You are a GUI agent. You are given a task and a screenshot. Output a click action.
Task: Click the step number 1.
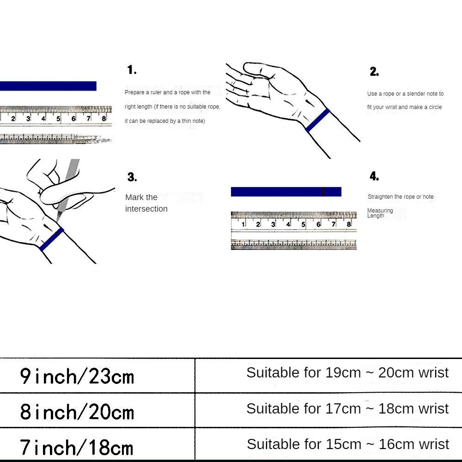[132, 70]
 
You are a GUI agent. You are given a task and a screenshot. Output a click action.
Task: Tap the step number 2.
[374, 72]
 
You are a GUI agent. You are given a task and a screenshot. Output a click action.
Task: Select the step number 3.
[132, 177]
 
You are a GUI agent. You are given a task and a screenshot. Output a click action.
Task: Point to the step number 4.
[374, 176]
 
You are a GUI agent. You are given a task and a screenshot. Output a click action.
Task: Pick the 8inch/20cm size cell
[77, 411]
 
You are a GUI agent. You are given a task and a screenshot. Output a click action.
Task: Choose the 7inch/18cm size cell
[77, 447]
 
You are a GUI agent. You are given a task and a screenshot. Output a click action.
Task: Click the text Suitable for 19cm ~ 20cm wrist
[347, 373]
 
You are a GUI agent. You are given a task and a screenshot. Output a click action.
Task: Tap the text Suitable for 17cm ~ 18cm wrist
[347, 408]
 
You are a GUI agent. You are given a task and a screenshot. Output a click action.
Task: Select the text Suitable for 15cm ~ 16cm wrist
[347, 444]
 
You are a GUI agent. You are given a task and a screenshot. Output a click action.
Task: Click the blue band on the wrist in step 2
[318, 120]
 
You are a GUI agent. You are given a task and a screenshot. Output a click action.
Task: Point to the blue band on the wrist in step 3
[52, 239]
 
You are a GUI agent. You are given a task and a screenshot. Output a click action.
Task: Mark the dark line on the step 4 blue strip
[323, 192]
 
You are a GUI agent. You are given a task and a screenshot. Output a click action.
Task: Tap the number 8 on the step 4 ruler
[349, 225]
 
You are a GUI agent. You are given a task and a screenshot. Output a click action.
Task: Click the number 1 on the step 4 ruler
[243, 225]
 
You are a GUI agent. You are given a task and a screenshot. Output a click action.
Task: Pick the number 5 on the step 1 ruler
[59, 119]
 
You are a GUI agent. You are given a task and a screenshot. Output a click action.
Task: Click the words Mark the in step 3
[141, 197]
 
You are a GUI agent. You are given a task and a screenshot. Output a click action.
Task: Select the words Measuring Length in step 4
[380, 213]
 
